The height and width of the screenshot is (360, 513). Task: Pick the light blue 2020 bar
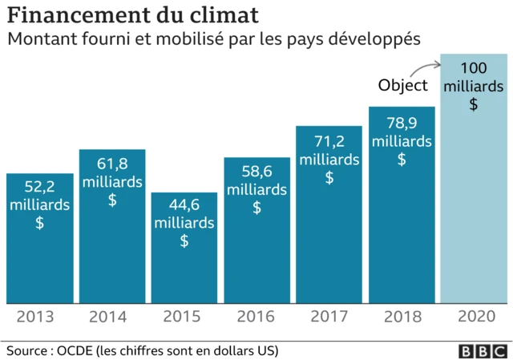click(474, 200)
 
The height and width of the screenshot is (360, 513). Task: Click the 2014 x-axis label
click(112, 317)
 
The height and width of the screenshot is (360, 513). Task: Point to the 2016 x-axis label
click(256, 317)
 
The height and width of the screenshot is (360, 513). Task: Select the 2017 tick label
click(329, 317)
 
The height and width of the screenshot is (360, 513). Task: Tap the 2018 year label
click(402, 317)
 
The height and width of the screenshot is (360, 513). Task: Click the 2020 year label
click(474, 317)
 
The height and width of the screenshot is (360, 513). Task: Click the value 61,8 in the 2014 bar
click(112, 164)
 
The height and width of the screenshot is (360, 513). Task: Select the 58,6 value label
click(256, 172)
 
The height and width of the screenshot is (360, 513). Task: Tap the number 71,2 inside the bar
click(329, 142)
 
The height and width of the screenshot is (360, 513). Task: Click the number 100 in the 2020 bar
click(474, 67)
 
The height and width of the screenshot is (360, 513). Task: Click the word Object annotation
click(403, 86)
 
